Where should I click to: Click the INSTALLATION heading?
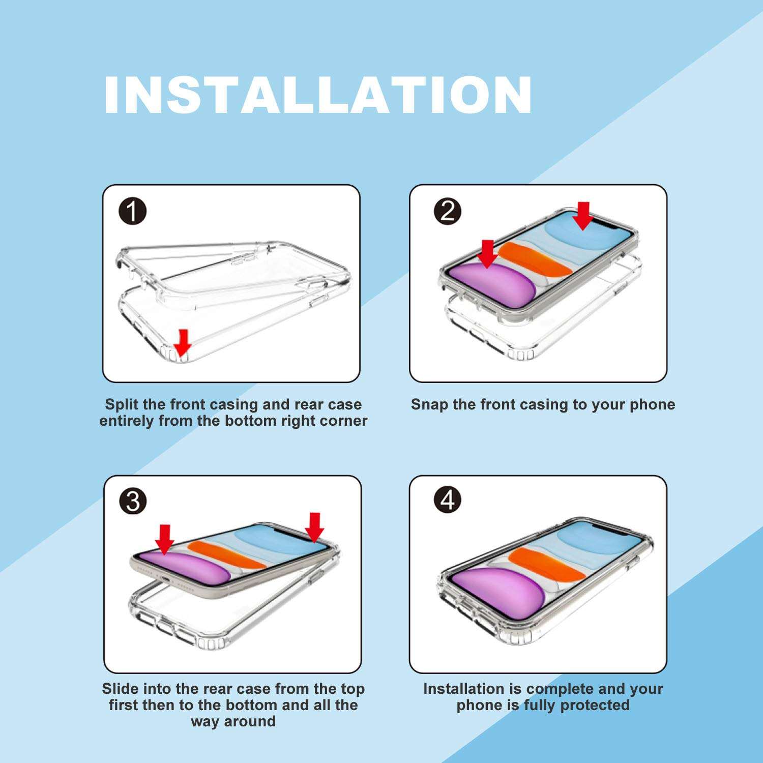(318, 95)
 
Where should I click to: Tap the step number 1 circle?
(132, 211)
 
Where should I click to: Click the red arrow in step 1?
(182, 342)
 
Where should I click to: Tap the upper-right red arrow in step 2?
(583, 216)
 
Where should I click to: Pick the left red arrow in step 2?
(487, 253)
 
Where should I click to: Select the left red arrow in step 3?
(164, 539)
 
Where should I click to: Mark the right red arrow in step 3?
(314, 527)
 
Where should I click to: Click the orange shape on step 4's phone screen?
(547, 563)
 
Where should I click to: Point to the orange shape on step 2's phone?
(534, 259)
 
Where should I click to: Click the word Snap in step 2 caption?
(430, 404)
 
